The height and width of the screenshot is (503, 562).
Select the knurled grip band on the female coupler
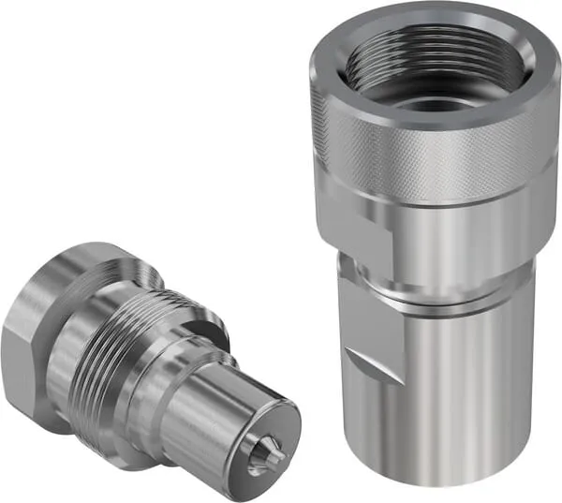pyautogui.click(x=431, y=150)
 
